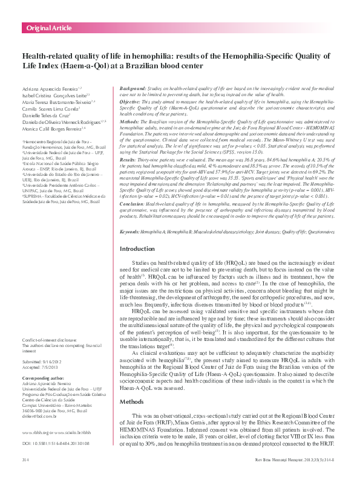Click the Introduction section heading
(138, 249)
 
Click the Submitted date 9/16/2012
(48, 360)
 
